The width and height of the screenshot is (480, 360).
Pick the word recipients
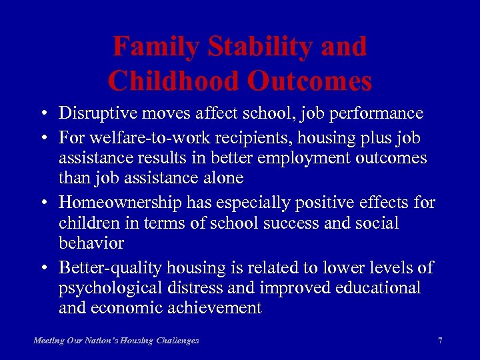coord(232,137)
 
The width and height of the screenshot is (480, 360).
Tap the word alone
coord(223,179)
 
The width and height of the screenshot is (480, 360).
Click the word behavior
coord(91,243)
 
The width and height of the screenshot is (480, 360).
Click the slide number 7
coord(439,341)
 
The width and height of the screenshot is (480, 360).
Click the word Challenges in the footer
coord(177,341)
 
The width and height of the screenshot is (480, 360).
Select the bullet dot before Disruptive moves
coord(42,113)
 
